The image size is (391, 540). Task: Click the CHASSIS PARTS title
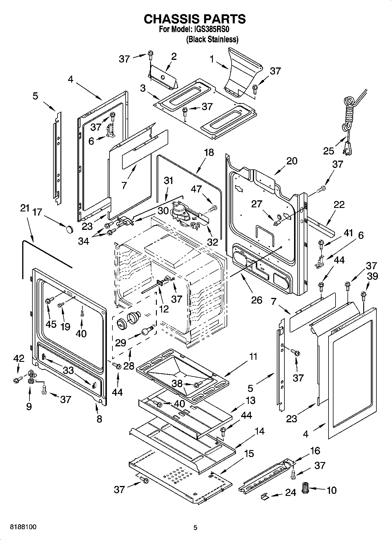pyautogui.click(x=195, y=19)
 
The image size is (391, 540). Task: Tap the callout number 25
pyautogui.click(x=329, y=151)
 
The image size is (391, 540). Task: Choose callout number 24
pyautogui.click(x=291, y=492)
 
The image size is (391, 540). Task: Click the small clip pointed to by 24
pyautogui.click(x=264, y=496)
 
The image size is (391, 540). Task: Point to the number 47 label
pyautogui.click(x=196, y=189)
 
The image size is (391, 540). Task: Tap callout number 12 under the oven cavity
pyautogui.click(x=164, y=309)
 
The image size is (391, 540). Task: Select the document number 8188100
pyautogui.click(x=24, y=527)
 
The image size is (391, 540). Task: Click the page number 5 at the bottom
pyautogui.click(x=195, y=527)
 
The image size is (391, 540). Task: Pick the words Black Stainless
pyautogui.click(x=212, y=39)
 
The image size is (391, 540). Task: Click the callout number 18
pyautogui.click(x=209, y=152)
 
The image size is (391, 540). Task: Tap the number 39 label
pyautogui.click(x=373, y=276)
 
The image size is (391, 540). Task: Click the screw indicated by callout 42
pyautogui.click(x=16, y=380)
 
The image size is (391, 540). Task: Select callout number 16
pyautogui.click(x=315, y=451)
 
